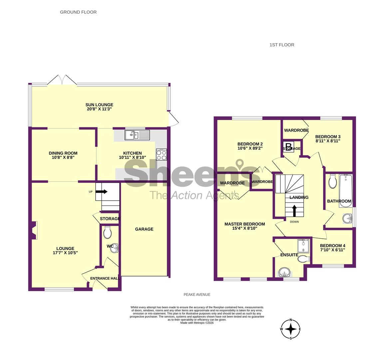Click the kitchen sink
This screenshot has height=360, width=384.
[137, 135]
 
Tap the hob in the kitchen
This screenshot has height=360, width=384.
[162, 155]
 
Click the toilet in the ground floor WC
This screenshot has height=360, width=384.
[108, 232]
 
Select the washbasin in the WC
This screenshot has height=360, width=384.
[114, 248]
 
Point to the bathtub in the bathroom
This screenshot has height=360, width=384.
[346, 191]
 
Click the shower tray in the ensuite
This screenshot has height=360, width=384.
[303, 246]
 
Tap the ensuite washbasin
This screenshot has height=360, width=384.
[284, 273]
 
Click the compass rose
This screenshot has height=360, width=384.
[291, 329]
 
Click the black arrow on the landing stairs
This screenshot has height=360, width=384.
[294, 211]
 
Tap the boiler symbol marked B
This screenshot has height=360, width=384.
[288, 147]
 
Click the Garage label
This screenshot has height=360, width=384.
[144, 229]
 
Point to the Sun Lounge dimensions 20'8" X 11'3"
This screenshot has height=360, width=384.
[99, 109]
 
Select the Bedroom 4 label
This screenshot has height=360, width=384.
[333, 246]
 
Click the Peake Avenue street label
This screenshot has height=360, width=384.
[197, 295]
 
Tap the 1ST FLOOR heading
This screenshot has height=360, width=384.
[282, 45]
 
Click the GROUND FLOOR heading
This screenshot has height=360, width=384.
[78, 12]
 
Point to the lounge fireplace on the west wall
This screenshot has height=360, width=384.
[34, 230]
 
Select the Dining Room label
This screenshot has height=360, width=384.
[63, 153]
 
